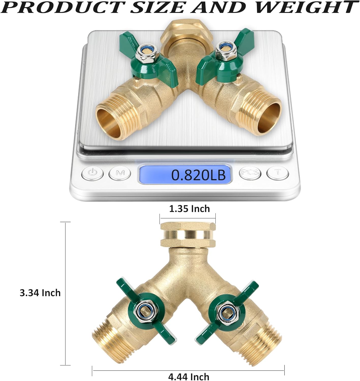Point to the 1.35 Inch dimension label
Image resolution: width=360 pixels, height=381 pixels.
(x=190, y=209)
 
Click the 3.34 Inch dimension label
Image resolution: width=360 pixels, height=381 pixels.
(x=40, y=293)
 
